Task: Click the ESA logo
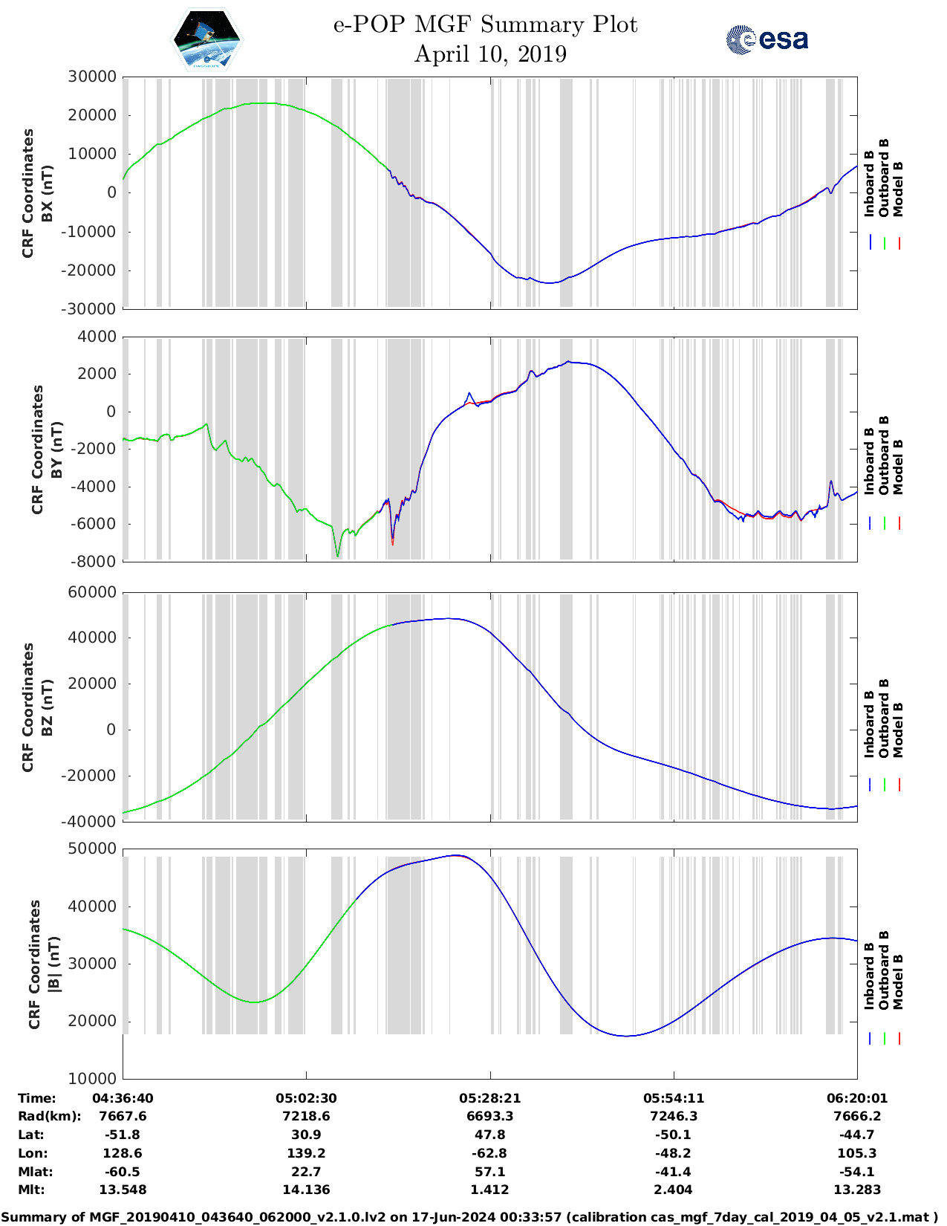coord(767,39)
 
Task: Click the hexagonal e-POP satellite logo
coord(206,39)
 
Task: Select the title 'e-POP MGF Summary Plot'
coord(485,25)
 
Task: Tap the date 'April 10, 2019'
coord(490,54)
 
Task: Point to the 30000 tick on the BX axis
coord(92,77)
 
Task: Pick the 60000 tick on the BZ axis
coord(92,592)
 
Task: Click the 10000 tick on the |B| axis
coord(92,1078)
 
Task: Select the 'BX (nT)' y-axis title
coord(47,193)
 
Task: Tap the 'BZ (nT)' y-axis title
coord(47,707)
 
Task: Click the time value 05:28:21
coord(490,1098)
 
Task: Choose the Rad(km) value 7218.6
coord(306,1116)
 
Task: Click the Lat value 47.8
coord(490,1135)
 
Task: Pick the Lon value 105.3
coord(856,1153)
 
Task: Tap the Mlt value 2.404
coord(673,1190)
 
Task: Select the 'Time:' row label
coord(37,1098)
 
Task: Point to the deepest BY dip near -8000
coord(338,555)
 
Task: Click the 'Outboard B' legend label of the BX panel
coord(884,178)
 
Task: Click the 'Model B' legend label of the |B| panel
coord(898,982)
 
